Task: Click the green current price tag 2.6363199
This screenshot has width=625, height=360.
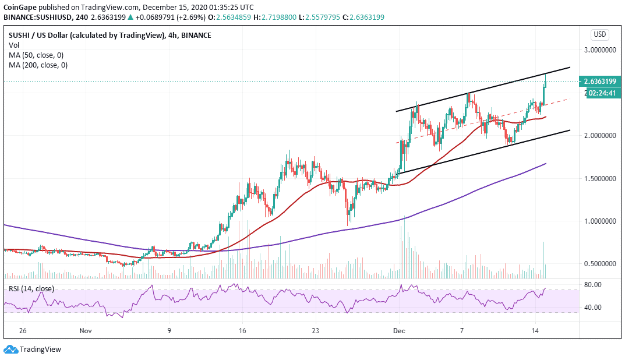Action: tap(599, 82)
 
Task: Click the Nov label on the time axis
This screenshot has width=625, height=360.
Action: tap(86, 330)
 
